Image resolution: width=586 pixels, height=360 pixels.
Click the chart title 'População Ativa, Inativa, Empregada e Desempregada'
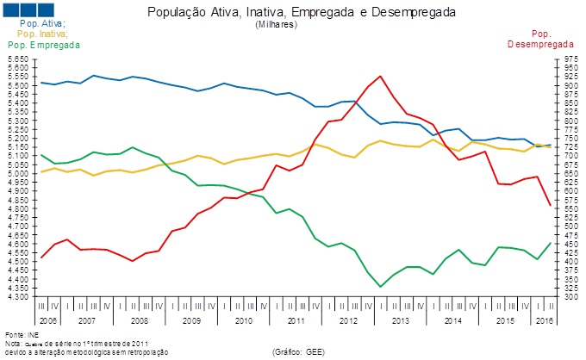tap(302, 13)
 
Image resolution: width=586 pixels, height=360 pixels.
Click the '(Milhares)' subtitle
tap(276, 25)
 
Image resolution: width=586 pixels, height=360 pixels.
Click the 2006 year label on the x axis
tap(47, 320)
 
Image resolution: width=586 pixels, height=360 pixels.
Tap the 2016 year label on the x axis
tap(545, 320)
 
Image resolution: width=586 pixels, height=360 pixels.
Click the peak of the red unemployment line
tap(381, 76)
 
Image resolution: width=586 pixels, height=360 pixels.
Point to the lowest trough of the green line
tap(380, 287)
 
